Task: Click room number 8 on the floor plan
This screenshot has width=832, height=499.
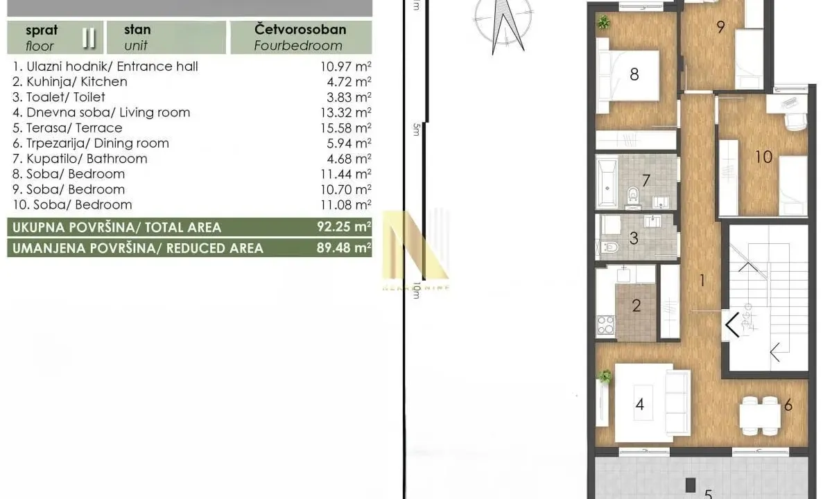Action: click(x=634, y=73)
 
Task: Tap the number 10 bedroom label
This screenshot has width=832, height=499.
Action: click(x=763, y=157)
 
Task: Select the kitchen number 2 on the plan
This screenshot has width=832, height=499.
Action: click(x=636, y=306)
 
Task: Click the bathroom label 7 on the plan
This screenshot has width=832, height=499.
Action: click(x=645, y=181)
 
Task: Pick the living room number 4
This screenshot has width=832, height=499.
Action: click(x=639, y=404)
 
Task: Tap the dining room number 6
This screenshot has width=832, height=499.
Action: click(x=788, y=405)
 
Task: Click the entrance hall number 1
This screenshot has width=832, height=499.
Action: click(x=702, y=281)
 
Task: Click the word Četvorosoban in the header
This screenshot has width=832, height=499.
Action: click(x=300, y=30)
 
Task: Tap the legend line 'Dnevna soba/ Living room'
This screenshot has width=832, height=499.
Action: click(x=101, y=112)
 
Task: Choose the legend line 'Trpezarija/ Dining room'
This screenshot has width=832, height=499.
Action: click(x=91, y=143)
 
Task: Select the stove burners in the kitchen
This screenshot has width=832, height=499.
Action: click(x=605, y=324)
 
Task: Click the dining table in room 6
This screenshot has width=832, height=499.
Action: click(x=759, y=414)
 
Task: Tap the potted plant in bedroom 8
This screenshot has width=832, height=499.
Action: click(x=604, y=22)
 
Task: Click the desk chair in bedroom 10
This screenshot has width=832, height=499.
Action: click(x=792, y=119)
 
